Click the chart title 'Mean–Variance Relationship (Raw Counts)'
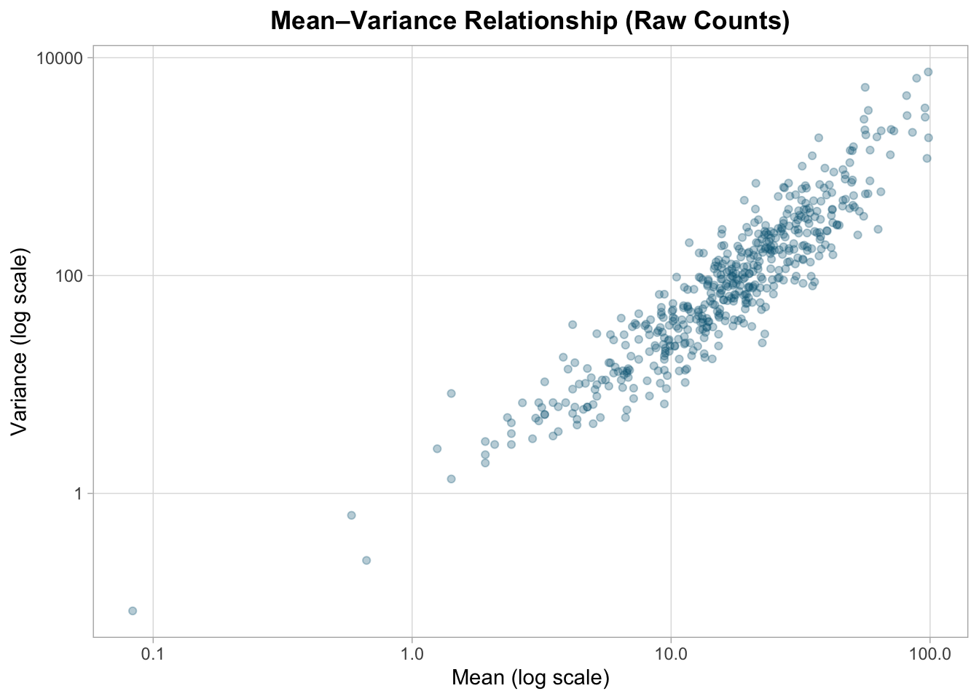[x=530, y=21]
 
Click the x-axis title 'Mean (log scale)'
[x=530, y=678]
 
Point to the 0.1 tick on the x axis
[x=153, y=653]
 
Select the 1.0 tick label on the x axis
[x=412, y=653]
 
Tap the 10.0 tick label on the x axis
[x=671, y=653]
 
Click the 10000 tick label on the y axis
[x=60, y=58]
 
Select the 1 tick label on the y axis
[x=79, y=494]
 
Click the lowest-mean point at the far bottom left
[x=133, y=610]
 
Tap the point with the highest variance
[x=928, y=71]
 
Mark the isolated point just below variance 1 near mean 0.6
[x=351, y=515]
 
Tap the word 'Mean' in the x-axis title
[x=478, y=678]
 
